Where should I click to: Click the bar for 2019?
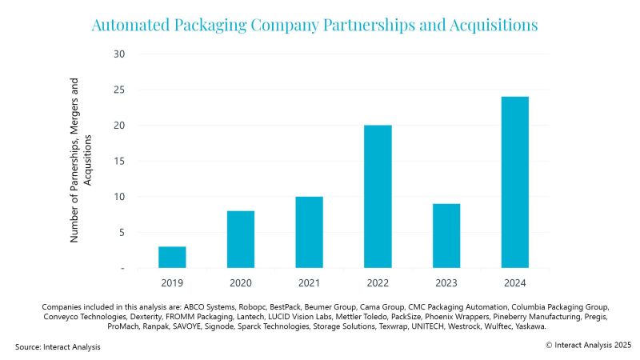coord(172,257)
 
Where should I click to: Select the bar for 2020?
coord(241,239)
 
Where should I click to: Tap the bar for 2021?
coord(309,232)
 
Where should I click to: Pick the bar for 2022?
coord(378,196)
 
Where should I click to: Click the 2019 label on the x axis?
coord(172,282)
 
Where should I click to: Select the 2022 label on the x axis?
coord(378,282)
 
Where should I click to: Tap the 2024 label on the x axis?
coord(514,282)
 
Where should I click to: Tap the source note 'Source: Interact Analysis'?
coord(58,346)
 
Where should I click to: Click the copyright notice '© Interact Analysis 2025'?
coord(588,344)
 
